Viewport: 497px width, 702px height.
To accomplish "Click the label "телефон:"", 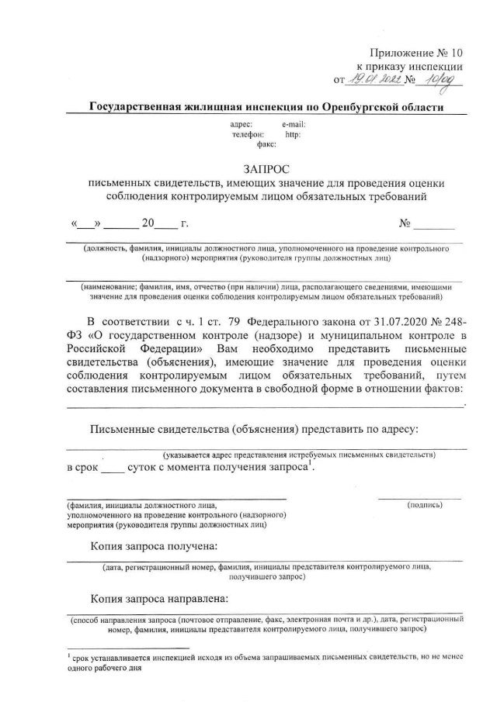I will [248, 134].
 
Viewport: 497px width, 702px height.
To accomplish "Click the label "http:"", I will [293, 134].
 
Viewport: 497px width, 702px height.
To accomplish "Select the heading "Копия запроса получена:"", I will [154, 546].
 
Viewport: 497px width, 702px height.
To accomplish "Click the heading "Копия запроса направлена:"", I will [159, 599].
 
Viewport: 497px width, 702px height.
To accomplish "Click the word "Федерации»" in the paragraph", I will [173, 349].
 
